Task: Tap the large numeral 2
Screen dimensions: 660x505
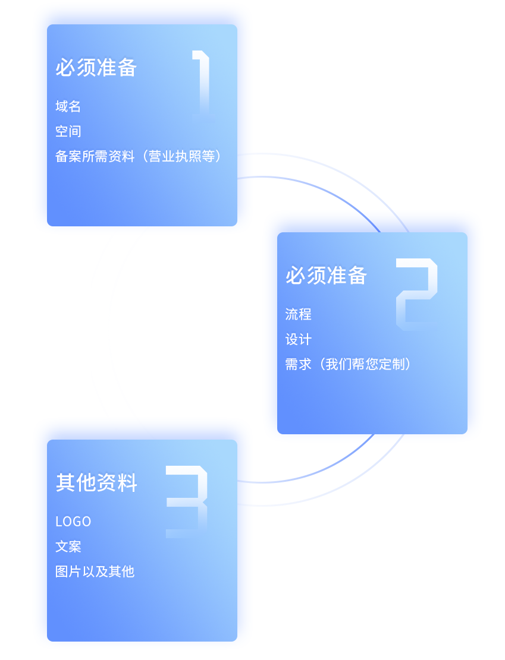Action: pos(416,294)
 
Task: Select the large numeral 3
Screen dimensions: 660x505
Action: pos(187,502)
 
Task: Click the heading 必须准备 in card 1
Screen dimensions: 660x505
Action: pos(96,68)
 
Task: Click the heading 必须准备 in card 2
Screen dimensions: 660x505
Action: pos(327,276)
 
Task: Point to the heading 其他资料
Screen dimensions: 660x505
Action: pos(96,483)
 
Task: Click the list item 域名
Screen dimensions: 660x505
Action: pos(68,107)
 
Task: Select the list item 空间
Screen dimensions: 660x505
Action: pos(68,132)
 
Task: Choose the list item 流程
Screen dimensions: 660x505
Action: pos(298,314)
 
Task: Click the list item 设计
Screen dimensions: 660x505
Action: pos(298,340)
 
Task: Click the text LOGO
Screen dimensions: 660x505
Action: pos(73,522)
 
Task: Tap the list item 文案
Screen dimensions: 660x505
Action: pos(68,547)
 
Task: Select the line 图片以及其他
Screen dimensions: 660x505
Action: pos(95,571)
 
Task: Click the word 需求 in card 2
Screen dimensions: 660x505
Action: pos(298,365)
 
